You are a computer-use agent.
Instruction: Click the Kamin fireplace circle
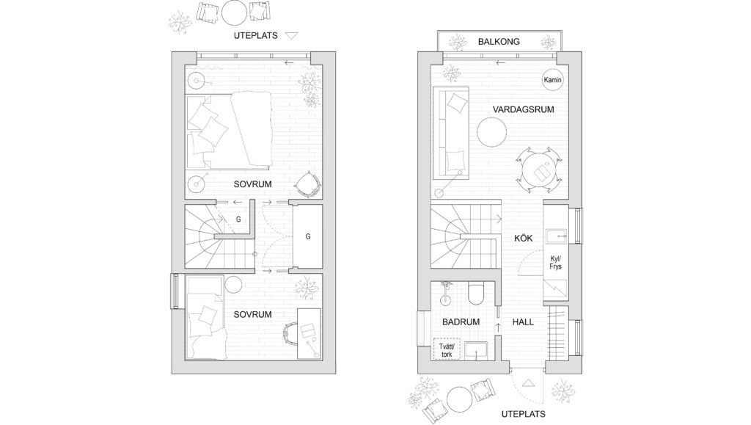tap(552, 80)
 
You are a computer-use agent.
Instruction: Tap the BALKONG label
tap(499, 42)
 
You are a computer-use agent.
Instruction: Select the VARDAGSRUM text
tap(523, 109)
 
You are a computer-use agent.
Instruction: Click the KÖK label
tap(523, 238)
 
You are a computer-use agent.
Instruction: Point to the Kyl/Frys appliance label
tap(556, 263)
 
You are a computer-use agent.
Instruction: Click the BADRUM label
tap(461, 322)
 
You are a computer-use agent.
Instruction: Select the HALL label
tap(523, 322)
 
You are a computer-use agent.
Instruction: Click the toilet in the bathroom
tap(477, 294)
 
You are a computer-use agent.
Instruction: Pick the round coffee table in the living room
tap(491, 132)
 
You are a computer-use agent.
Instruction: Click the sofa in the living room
tap(451, 133)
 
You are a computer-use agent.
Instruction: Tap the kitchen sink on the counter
tap(556, 236)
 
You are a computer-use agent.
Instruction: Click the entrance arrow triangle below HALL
tap(528, 382)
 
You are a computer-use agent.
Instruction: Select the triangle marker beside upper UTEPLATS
tap(291, 35)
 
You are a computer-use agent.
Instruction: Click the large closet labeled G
tap(307, 236)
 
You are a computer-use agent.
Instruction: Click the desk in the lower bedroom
tap(309, 333)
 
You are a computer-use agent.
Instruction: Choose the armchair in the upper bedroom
tap(307, 184)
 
